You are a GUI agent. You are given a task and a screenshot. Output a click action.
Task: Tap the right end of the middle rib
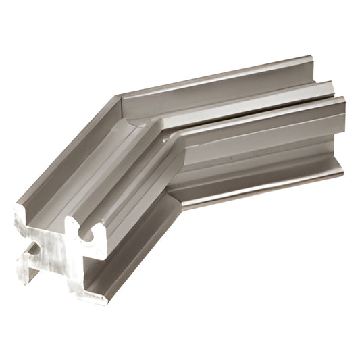tap(332, 88)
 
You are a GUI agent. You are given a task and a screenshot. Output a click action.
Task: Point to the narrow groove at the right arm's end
tap(335, 97)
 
